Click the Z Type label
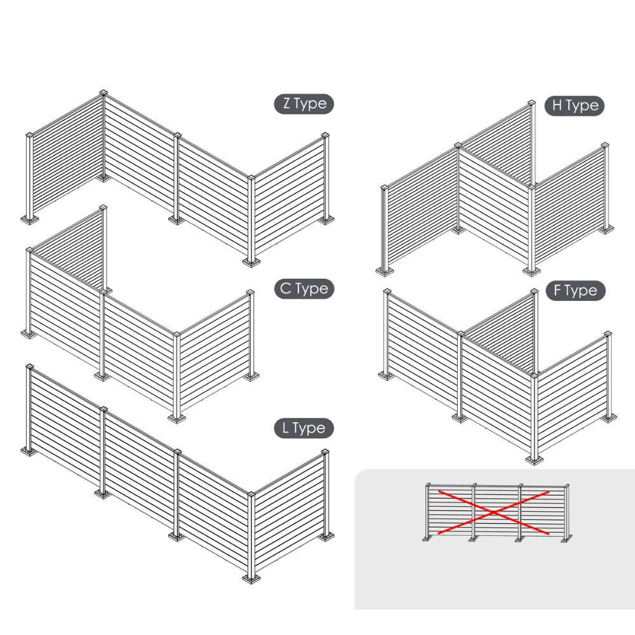(304, 104)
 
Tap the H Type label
(575, 106)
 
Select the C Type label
(304, 289)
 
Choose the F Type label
(575, 291)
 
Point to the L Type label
(304, 429)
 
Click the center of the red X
(493, 512)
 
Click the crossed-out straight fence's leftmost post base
(428, 538)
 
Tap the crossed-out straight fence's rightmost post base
(566, 538)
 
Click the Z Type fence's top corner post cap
(104, 92)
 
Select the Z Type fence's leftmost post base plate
(30, 220)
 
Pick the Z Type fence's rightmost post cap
(325, 135)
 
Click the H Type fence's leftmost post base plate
(385, 271)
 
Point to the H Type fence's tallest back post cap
(531, 103)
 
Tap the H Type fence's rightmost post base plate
(605, 230)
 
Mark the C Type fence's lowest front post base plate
(177, 418)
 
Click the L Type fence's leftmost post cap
(29, 367)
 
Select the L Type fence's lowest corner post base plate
(251, 578)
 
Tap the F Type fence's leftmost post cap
(387, 291)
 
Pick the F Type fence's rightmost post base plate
(608, 417)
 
